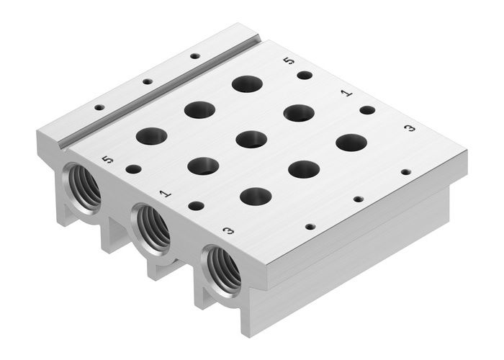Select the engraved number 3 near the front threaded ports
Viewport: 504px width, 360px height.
[x=228, y=231]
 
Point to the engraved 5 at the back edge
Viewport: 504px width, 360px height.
[x=289, y=63]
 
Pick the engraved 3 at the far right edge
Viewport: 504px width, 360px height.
[x=410, y=128]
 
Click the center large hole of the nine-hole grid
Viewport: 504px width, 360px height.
[x=251, y=139]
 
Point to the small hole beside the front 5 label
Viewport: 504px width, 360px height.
[x=133, y=169]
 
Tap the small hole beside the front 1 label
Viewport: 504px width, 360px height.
[x=196, y=206]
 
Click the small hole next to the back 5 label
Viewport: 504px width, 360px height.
[x=305, y=75]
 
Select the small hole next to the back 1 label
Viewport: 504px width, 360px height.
[x=367, y=110]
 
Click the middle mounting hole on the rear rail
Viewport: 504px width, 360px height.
[x=147, y=82]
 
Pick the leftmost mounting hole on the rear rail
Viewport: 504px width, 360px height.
[x=99, y=108]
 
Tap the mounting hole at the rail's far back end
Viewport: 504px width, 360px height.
[x=194, y=55]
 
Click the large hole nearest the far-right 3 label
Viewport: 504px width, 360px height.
[x=351, y=142]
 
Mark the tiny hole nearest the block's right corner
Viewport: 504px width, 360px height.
[x=405, y=172]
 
